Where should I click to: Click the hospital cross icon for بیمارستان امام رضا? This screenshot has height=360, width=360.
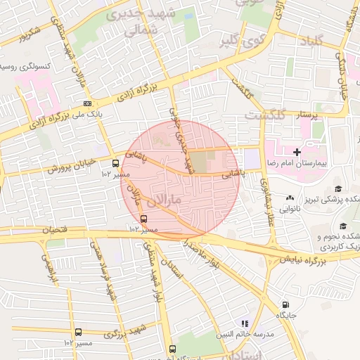(x=297, y=151)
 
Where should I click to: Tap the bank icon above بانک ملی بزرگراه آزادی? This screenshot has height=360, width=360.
(x=86, y=103)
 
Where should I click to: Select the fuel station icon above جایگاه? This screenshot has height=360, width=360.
(x=284, y=305)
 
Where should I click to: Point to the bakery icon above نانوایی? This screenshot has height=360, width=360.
(x=290, y=199)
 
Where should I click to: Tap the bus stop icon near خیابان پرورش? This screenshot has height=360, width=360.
(x=115, y=163)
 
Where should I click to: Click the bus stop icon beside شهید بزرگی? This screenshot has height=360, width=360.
(x=77, y=332)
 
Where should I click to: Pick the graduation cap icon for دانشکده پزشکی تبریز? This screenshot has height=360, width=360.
(x=338, y=188)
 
